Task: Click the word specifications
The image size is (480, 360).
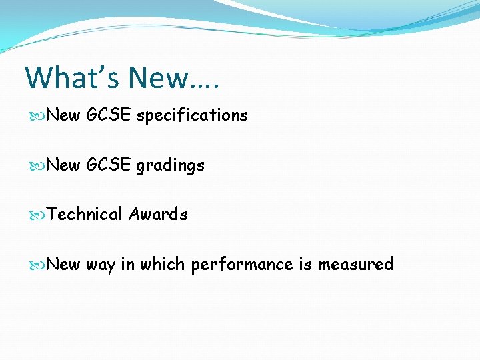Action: (x=192, y=115)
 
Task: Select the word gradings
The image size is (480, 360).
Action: (x=170, y=165)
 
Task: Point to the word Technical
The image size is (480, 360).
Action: (x=85, y=214)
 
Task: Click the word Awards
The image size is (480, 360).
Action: (x=158, y=214)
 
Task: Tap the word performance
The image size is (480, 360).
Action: (x=242, y=265)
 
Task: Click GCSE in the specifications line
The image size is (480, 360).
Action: (x=109, y=115)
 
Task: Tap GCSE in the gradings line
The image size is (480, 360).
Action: (x=109, y=165)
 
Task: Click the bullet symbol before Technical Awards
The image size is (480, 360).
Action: (x=39, y=215)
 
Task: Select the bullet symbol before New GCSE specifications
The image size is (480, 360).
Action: (x=39, y=115)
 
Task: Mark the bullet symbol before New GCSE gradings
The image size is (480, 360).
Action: (x=39, y=165)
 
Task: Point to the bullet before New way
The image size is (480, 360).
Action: (x=39, y=265)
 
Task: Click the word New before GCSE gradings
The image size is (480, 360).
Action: (x=64, y=165)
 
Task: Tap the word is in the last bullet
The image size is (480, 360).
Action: (x=305, y=264)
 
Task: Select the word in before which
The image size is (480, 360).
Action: (x=127, y=264)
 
